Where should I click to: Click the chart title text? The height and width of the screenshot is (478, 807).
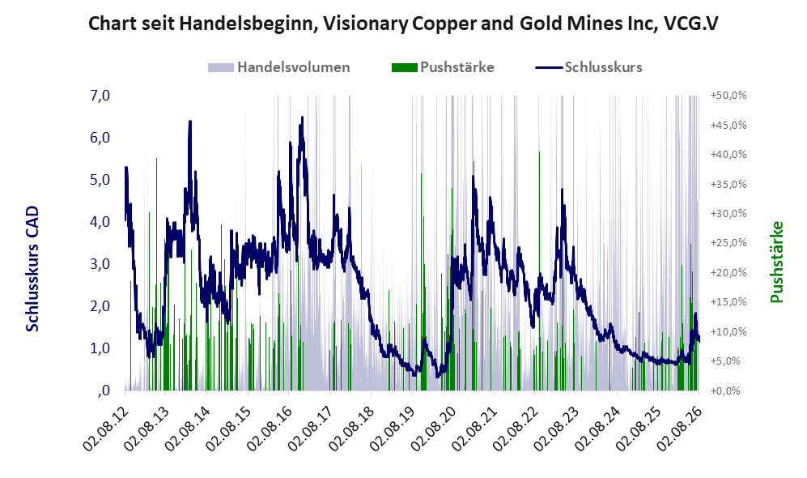pyautogui.click(x=403, y=23)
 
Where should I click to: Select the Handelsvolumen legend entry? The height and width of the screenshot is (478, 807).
pyautogui.click(x=279, y=67)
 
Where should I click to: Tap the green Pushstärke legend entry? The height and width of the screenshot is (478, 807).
pyautogui.click(x=443, y=67)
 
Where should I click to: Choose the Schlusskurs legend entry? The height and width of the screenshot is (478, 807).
pyautogui.click(x=588, y=67)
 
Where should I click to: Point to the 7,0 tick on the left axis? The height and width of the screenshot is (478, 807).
pyautogui.click(x=100, y=96)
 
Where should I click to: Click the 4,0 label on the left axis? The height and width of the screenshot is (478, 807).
pyautogui.click(x=100, y=222)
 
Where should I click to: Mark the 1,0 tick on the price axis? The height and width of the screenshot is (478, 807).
pyautogui.click(x=100, y=348)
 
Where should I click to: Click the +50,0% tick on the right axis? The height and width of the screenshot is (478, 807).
pyautogui.click(x=728, y=96)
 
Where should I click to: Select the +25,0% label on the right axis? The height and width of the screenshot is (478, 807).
pyautogui.click(x=728, y=242)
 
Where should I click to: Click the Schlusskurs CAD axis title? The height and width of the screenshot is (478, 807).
pyautogui.click(x=32, y=268)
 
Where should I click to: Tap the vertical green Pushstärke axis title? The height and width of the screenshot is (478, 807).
pyautogui.click(x=776, y=262)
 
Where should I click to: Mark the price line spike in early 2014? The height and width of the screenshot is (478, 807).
pyautogui.click(x=190, y=122)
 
